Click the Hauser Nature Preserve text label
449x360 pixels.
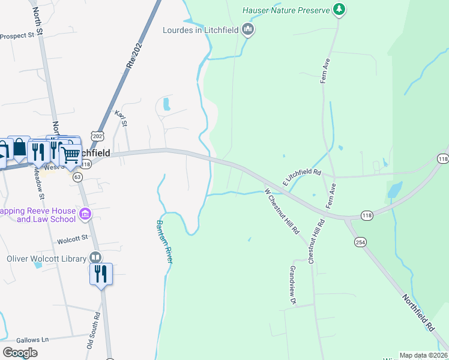(287, 10)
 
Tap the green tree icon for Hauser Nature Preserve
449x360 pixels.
(340, 9)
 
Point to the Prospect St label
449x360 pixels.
(17, 36)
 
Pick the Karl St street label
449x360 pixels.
(122, 118)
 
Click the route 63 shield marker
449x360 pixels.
(77, 177)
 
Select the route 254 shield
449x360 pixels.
(360, 242)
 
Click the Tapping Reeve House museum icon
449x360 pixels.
(85, 214)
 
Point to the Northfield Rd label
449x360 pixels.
(418, 313)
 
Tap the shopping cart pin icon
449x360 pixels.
(71, 155)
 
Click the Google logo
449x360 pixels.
(20, 353)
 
